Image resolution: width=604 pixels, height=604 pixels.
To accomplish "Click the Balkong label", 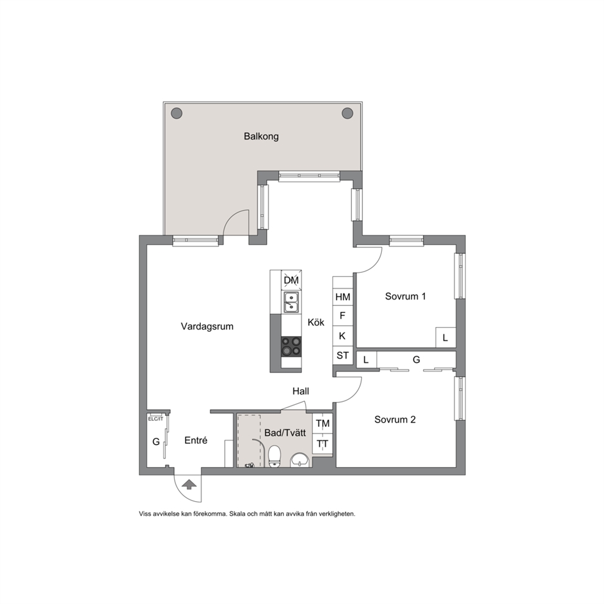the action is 261,136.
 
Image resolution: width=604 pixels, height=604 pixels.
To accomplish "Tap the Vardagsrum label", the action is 207,326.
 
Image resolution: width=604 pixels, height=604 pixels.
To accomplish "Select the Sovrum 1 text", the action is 406,297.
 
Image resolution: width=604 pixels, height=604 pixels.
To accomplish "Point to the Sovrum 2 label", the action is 395,420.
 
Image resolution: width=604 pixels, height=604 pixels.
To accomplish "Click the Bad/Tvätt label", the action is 285,433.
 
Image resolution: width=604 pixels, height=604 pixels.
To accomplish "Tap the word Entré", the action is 195,440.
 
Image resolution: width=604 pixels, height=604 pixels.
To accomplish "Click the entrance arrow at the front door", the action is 189,485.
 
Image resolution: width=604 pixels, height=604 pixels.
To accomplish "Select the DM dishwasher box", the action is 291,281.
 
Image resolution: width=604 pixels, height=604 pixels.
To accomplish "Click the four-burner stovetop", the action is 291,346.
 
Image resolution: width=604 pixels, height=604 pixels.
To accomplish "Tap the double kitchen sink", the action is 291,302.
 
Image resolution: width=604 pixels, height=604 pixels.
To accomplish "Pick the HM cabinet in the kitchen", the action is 343,297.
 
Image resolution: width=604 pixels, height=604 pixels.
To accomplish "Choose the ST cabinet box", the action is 343,356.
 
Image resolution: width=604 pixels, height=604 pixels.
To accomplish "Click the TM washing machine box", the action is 323,423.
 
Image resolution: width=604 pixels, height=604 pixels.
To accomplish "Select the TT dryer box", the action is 323,444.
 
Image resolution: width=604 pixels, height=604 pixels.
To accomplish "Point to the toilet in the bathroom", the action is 274,456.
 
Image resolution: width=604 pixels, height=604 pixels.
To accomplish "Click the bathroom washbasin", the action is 300,460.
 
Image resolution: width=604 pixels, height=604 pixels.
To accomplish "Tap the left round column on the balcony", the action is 177,113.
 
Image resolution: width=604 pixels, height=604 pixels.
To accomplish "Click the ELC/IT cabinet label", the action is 156,419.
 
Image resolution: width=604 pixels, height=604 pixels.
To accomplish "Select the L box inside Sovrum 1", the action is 446,337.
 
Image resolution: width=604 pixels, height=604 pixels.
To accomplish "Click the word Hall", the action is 301,392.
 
